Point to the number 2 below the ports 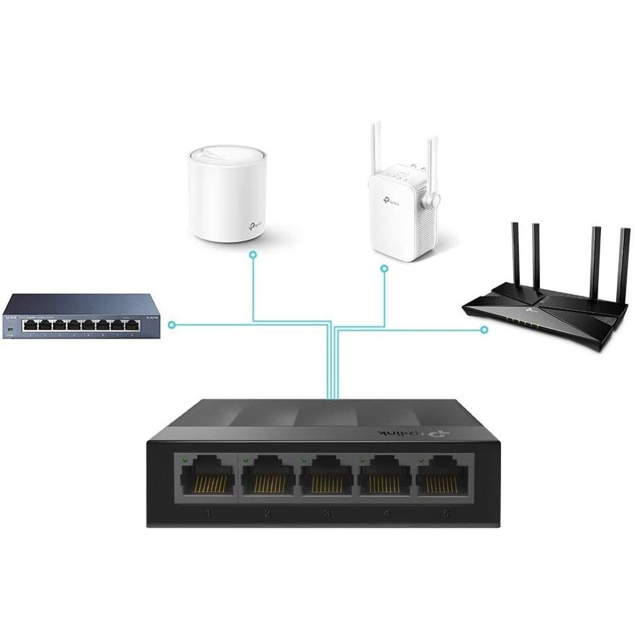[267, 513]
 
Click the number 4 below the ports [386, 513]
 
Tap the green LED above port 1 [185, 460]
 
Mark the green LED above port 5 [422, 460]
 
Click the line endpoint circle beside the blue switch [172, 324]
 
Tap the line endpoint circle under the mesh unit [252, 254]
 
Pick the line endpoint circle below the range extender [384, 269]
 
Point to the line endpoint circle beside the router [484, 330]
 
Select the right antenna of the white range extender [432, 164]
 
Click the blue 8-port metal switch [81, 316]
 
